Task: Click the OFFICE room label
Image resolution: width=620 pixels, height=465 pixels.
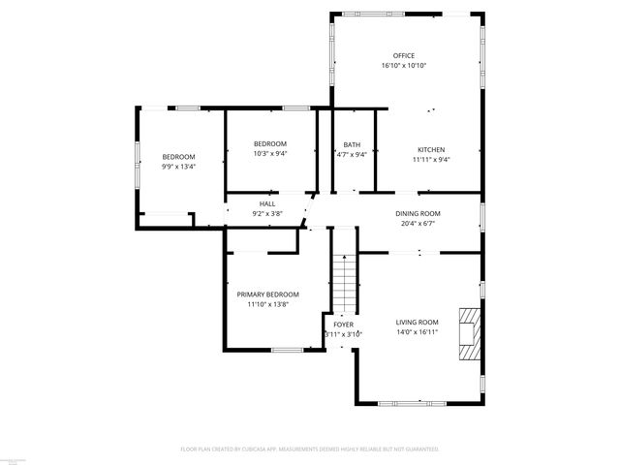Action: point(403,55)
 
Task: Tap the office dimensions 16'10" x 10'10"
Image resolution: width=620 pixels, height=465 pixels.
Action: point(403,66)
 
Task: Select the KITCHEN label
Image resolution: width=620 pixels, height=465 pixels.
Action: point(430,149)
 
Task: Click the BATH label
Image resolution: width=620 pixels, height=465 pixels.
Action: point(351,144)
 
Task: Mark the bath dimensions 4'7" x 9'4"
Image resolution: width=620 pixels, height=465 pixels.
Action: point(351,154)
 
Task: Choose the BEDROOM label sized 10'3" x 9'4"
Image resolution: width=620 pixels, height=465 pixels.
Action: point(270,143)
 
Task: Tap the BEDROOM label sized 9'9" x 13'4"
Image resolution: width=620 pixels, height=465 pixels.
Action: point(178,157)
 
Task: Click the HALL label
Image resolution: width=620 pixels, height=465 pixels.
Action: point(266,203)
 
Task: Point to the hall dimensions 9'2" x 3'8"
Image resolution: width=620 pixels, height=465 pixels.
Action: point(266,213)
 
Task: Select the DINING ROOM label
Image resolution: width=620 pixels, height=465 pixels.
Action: point(418,213)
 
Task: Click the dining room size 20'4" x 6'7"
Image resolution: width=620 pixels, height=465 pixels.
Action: point(418,224)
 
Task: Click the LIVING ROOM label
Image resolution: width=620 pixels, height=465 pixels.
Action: point(417,322)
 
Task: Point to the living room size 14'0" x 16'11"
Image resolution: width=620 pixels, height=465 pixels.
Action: point(417,332)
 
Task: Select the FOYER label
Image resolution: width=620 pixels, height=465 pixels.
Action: point(343,324)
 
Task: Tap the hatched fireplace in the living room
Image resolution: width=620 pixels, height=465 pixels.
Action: point(468,334)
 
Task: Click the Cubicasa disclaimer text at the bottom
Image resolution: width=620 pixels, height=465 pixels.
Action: point(310,449)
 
